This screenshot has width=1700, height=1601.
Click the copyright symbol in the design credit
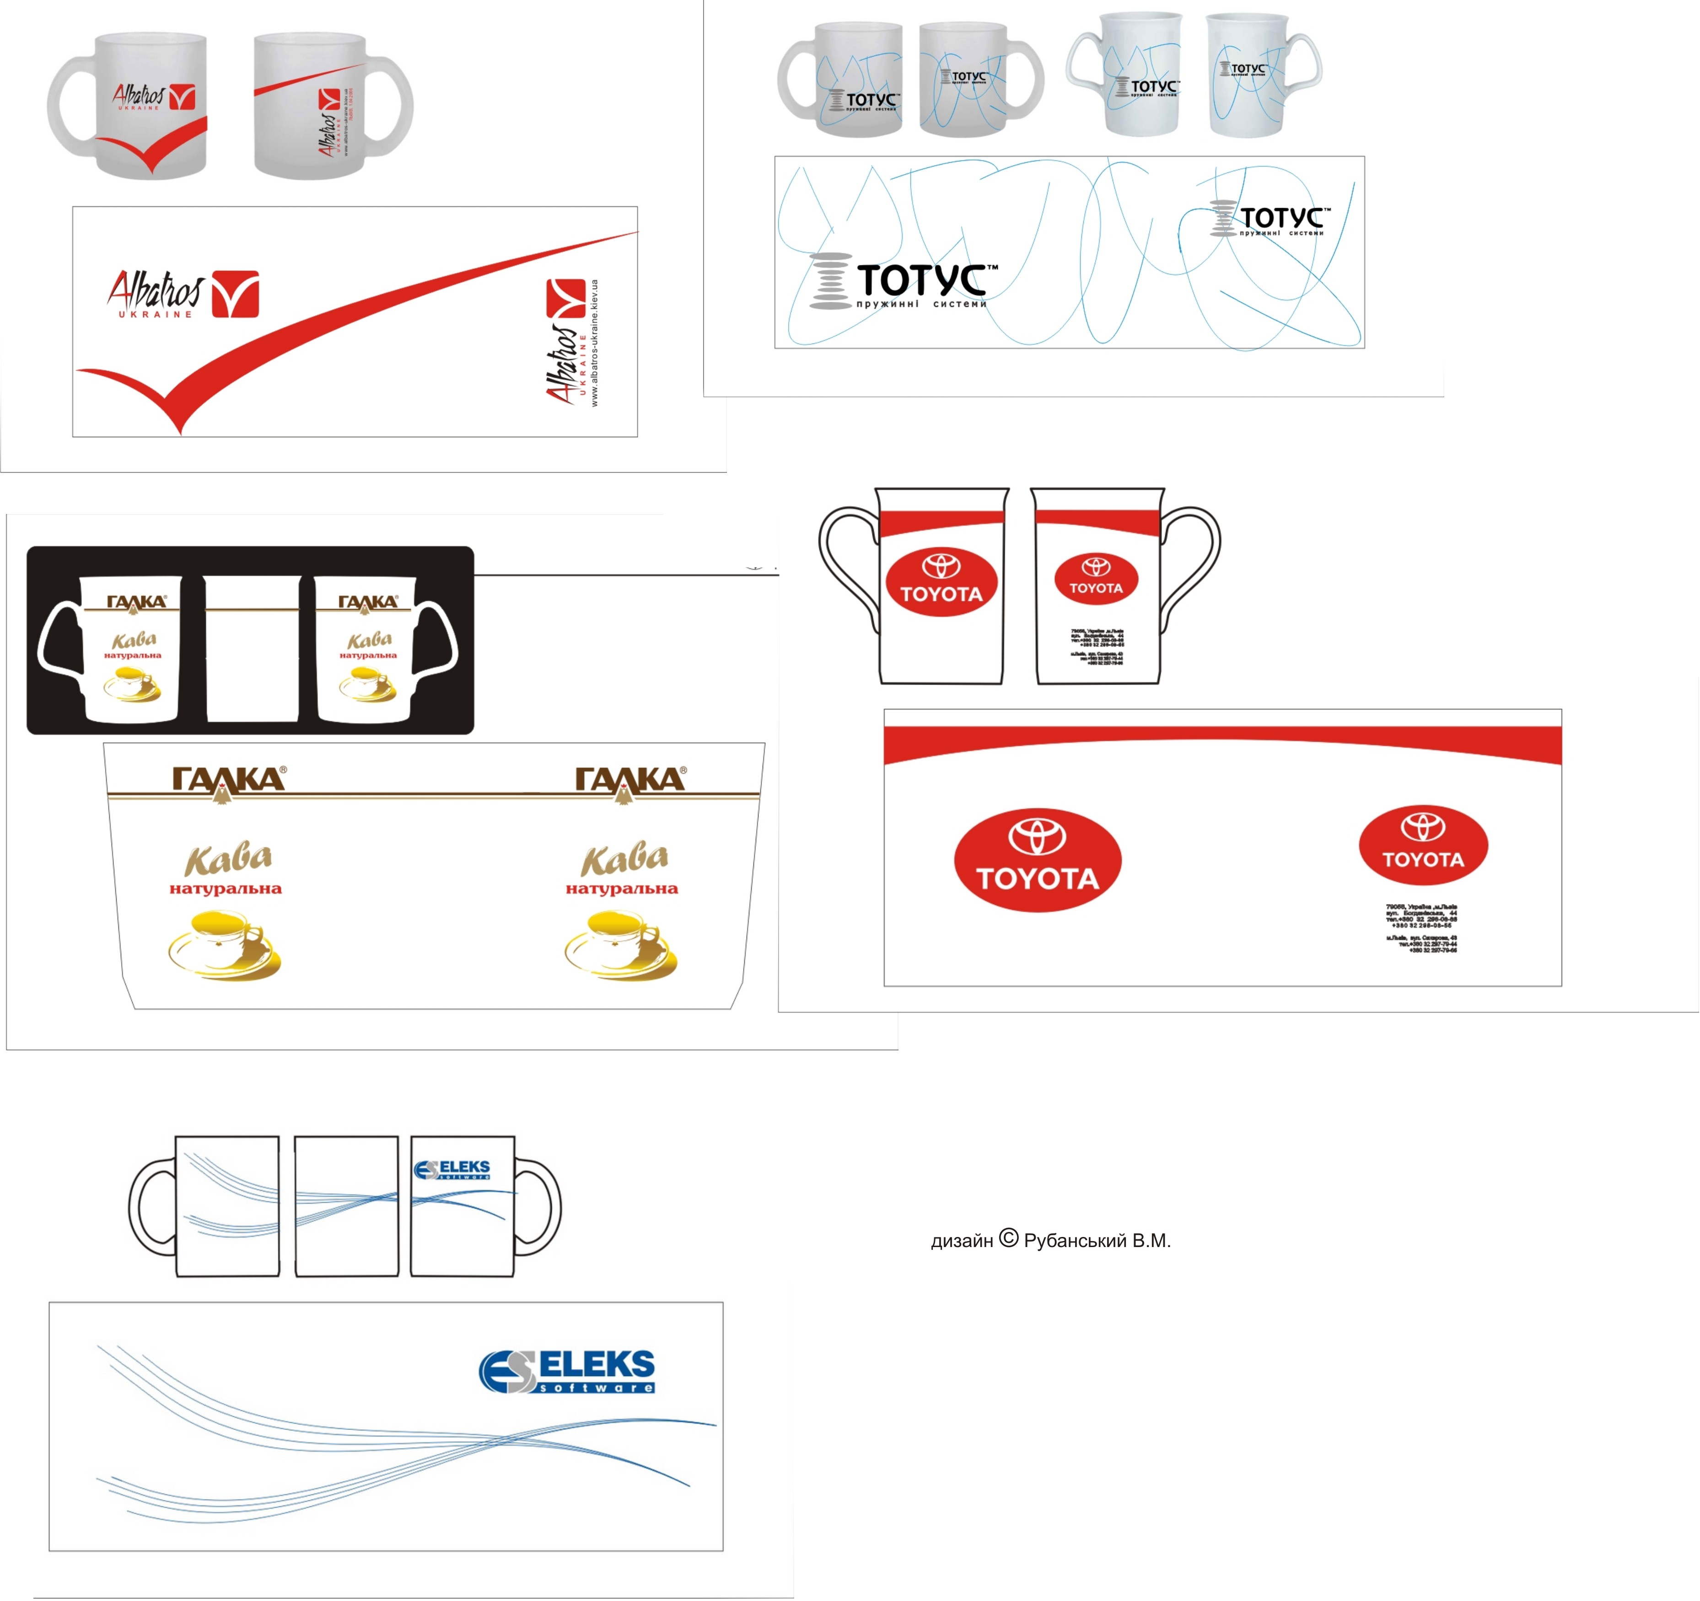coord(1009,1238)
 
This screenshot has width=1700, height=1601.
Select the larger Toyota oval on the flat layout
coord(1037,860)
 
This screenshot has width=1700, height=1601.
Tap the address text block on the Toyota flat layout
coord(1421,927)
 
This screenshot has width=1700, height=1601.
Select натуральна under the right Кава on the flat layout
coord(622,889)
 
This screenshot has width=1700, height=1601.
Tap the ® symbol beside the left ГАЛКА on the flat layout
coord(283,769)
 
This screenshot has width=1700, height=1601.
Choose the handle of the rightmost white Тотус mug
coord(1304,64)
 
